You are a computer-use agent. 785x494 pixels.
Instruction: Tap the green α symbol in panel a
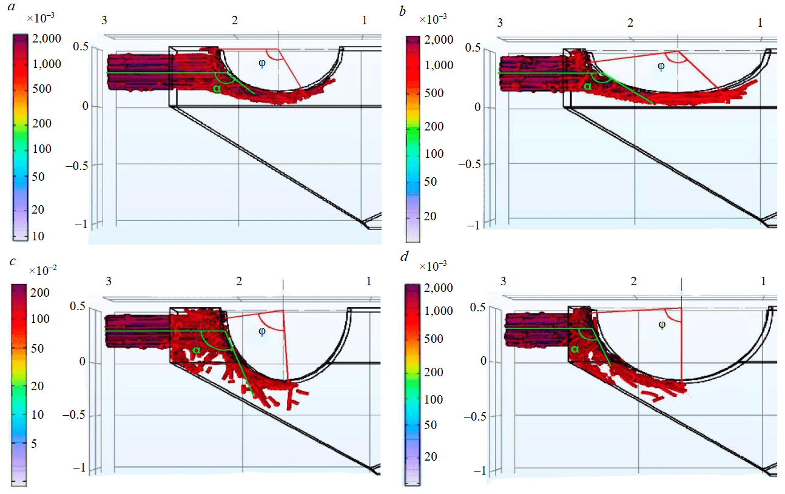click(x=217, y=89)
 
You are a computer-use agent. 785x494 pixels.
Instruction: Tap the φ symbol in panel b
click(x=661, y=66)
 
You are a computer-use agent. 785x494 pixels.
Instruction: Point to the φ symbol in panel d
click(x=662, y=325)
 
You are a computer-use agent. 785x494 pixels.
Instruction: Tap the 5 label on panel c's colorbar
click(x=34, y=444)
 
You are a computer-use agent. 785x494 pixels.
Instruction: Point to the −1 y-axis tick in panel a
click(x=81, y=224)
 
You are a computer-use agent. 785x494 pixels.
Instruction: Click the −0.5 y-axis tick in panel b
click(x=471, y=164)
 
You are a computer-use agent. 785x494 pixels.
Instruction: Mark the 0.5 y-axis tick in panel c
click(x=78, y=306)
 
